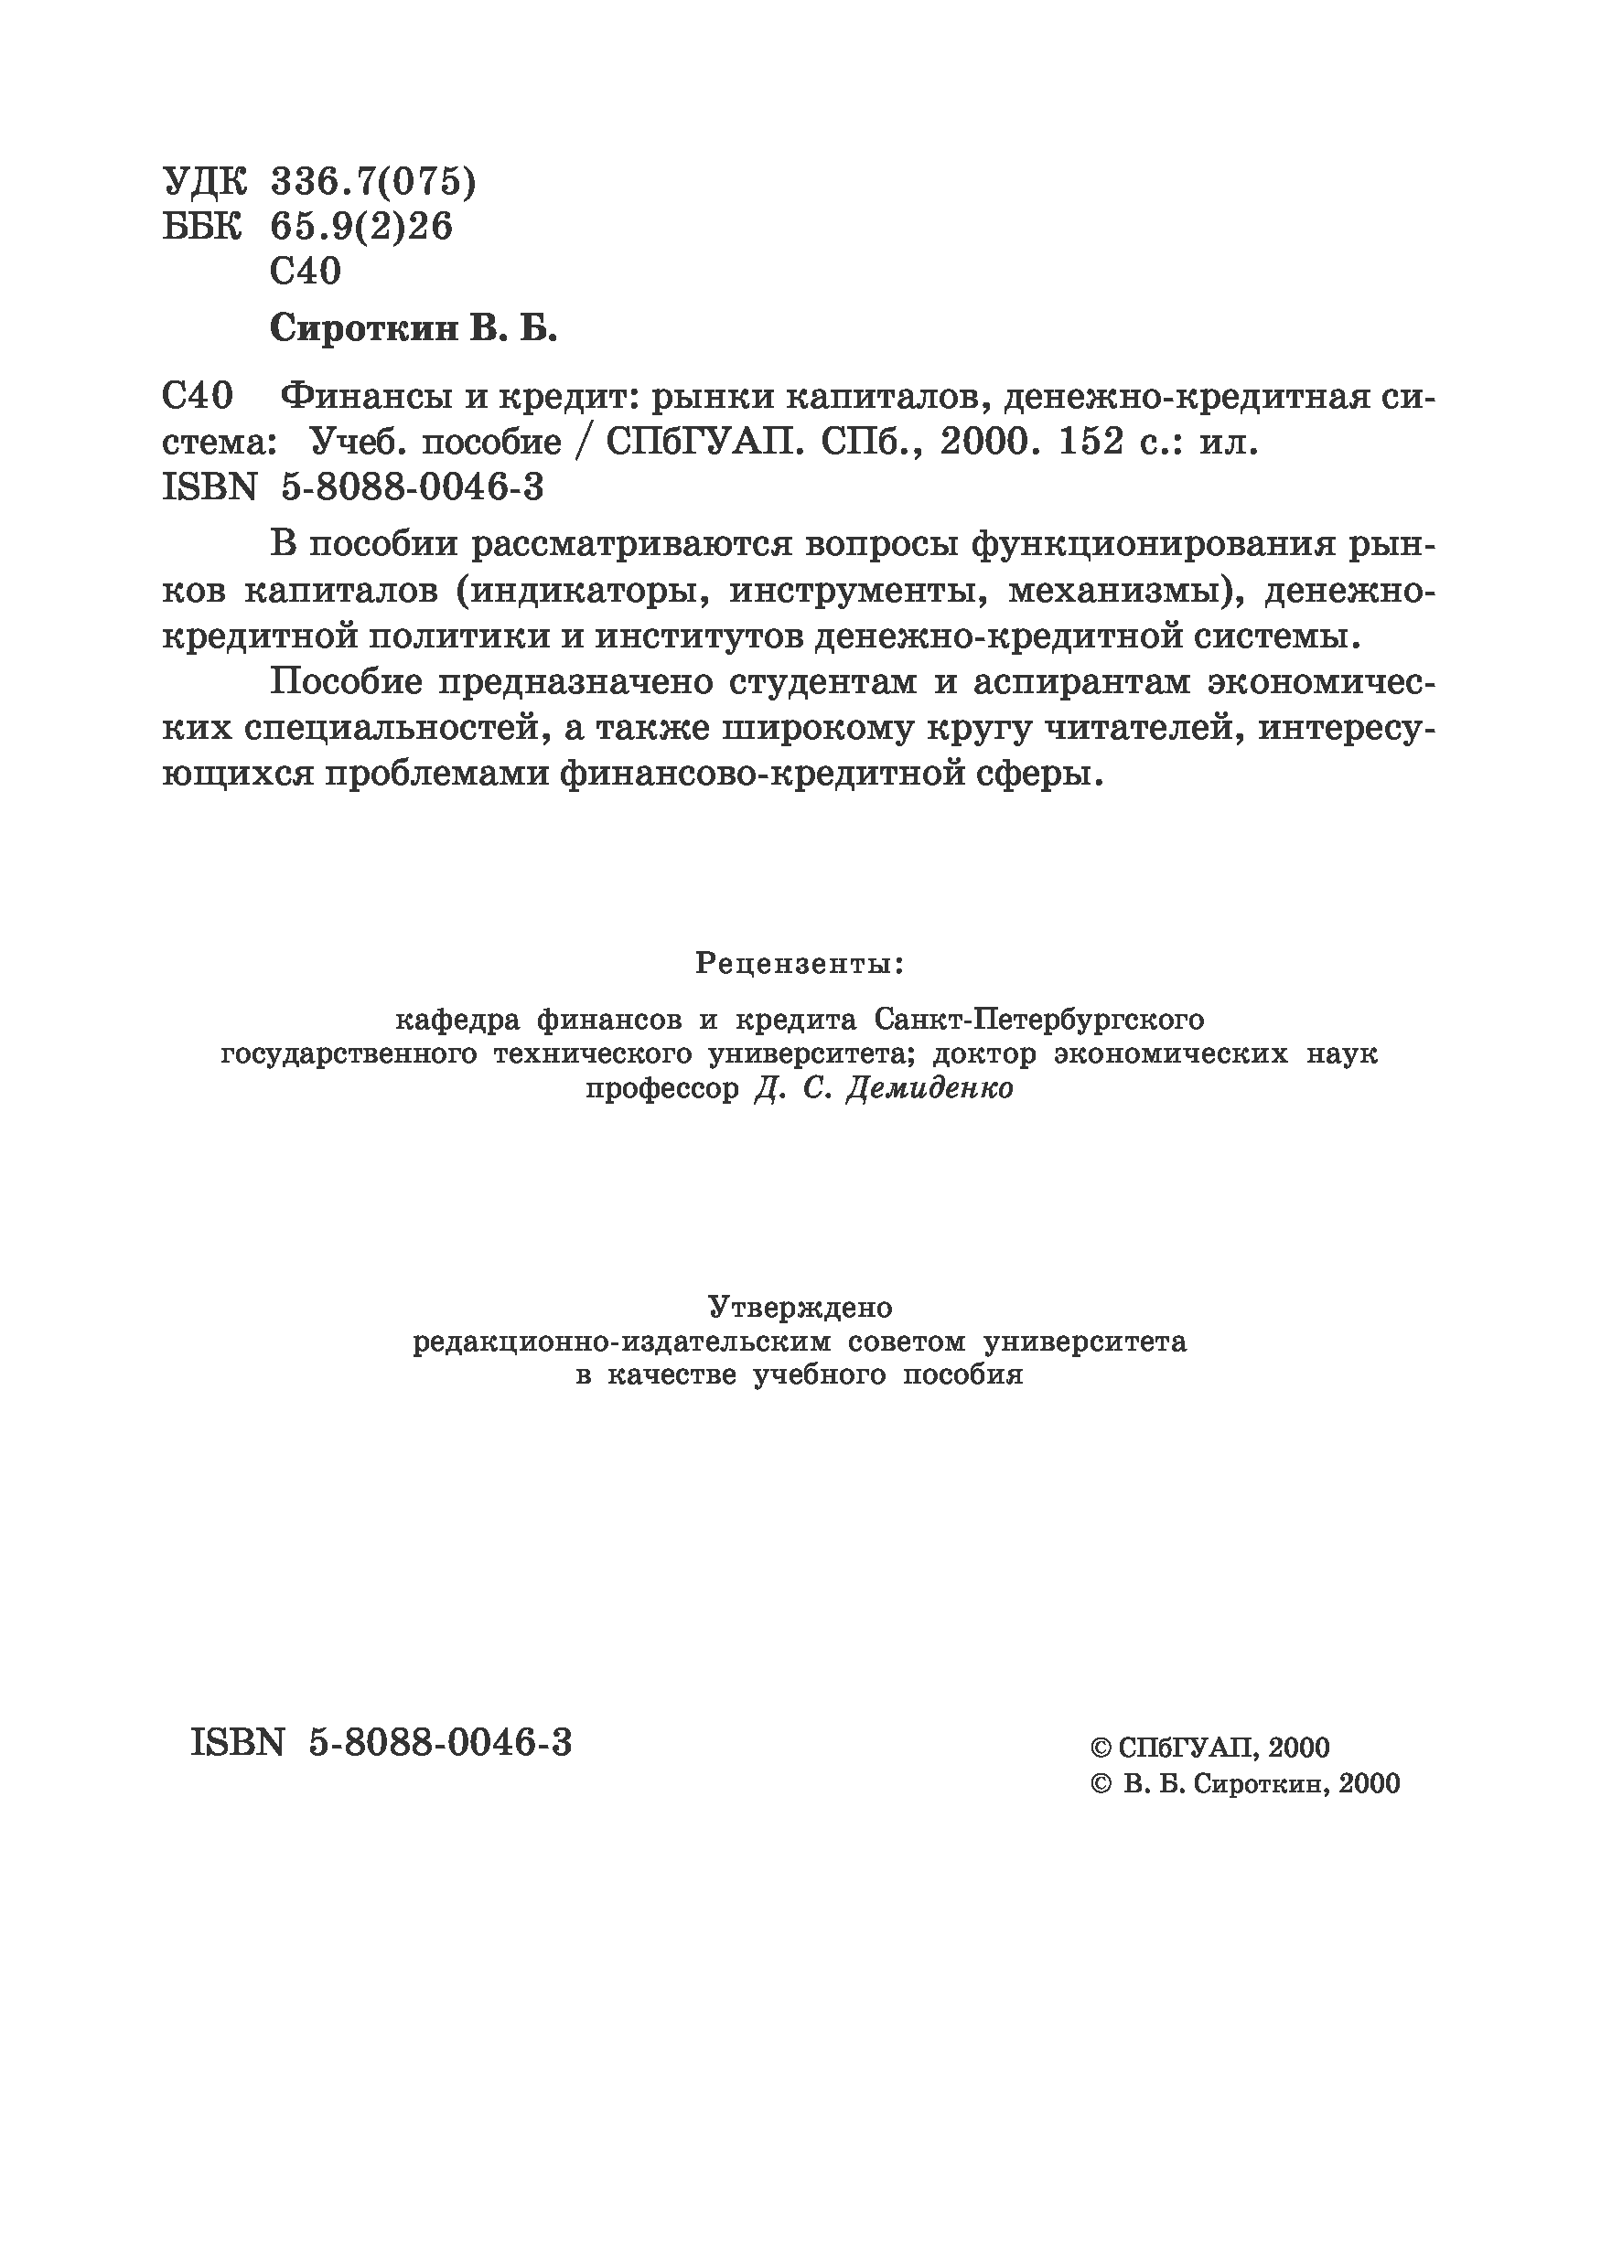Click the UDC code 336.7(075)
tap(372, 182)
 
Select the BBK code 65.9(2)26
tap(360, 227)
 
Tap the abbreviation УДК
tap(204, 182)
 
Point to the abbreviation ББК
tap(201, 227)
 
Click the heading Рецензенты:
tap(800, 963)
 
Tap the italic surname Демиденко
tap(930, 1089)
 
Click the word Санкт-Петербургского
tap(1039, 1018)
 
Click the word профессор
tap(661, 1089)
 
